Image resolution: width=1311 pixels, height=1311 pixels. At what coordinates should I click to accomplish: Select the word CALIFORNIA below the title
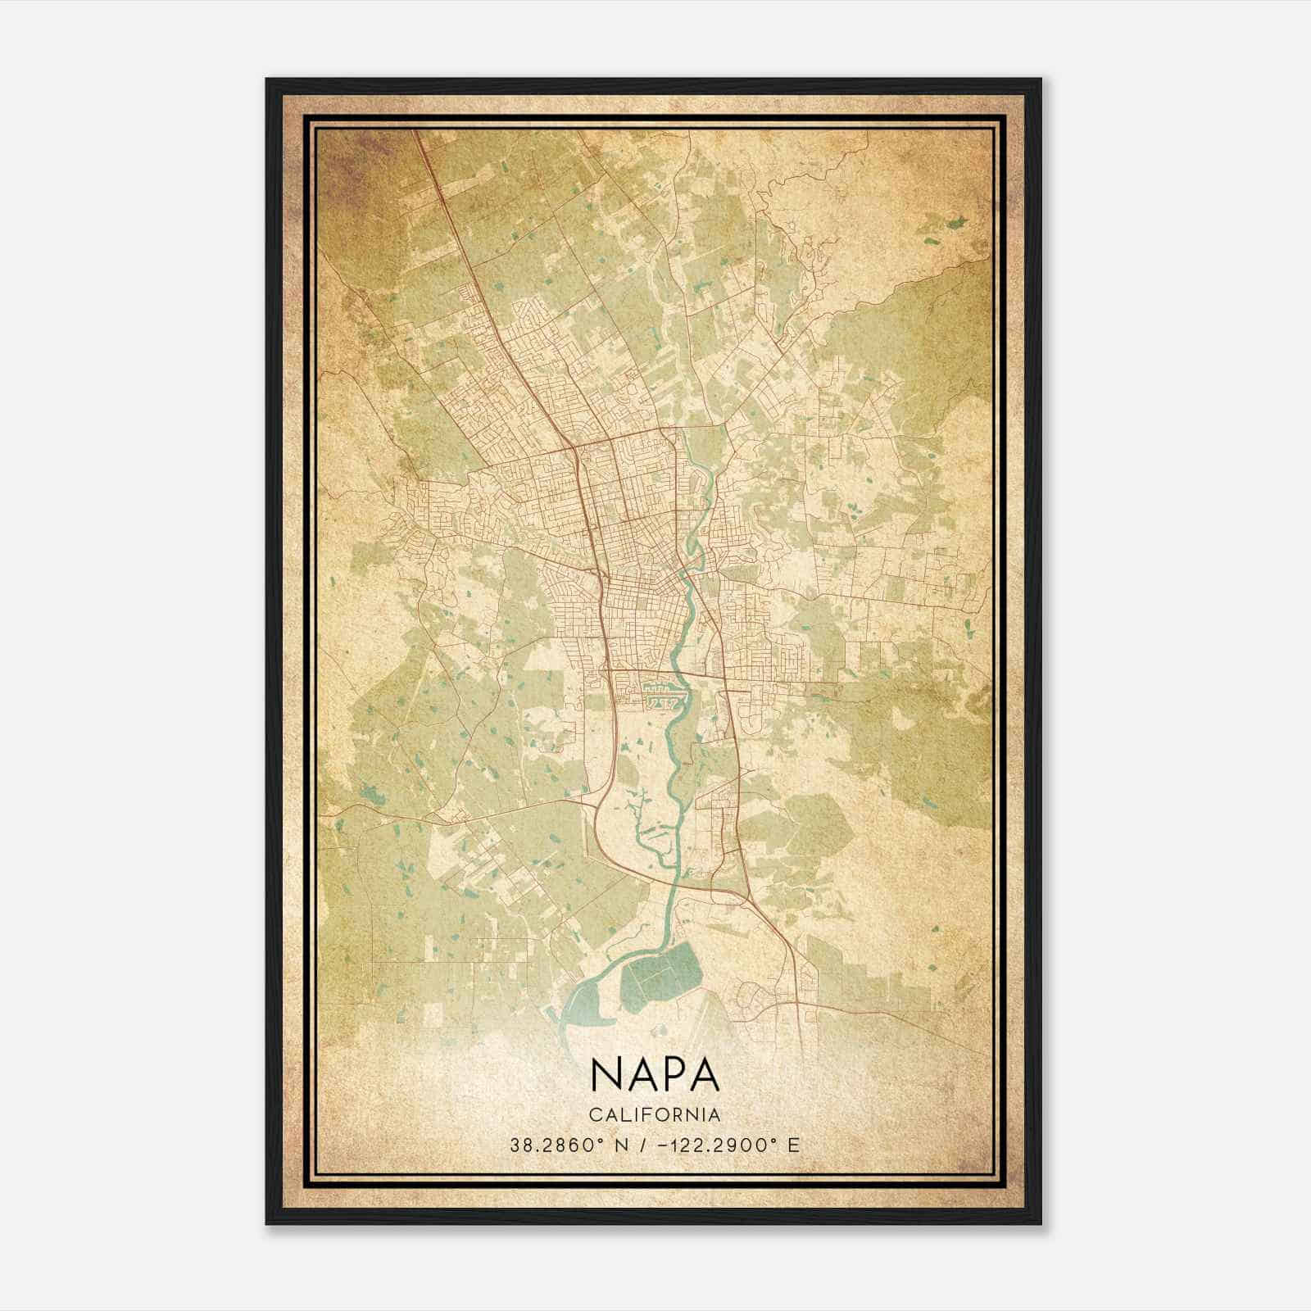(655, 1115)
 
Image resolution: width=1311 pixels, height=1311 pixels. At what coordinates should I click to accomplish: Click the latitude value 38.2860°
(557, 1145)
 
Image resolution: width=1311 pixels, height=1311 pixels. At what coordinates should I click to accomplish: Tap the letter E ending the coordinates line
(793, 1145)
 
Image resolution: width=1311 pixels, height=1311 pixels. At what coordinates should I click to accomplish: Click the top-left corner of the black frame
(268, 80)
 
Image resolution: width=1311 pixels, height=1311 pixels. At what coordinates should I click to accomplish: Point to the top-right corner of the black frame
(1040, 80)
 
